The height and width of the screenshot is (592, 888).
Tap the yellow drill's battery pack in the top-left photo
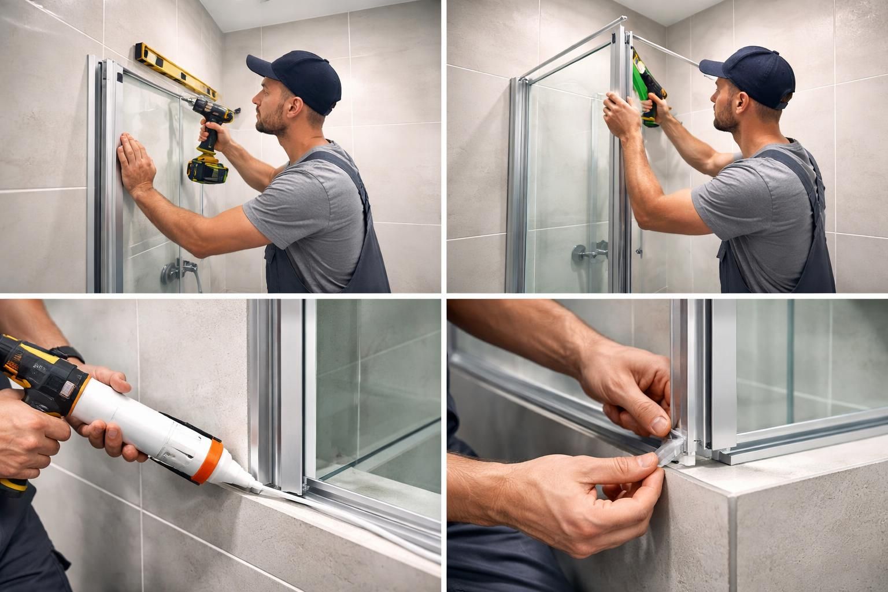(208, 169)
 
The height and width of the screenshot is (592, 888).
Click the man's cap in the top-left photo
(297, 79)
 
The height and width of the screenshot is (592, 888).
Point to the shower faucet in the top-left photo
(180, 268)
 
